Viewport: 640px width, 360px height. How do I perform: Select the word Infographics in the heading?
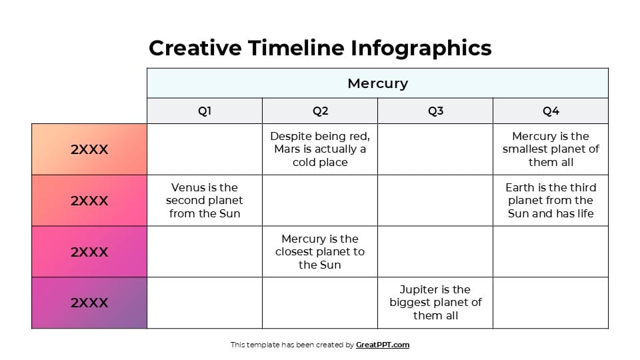[x=421, y=48]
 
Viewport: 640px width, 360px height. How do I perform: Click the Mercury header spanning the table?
[x=377, y=83]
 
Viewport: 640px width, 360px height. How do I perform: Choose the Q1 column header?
[x=205, y=111]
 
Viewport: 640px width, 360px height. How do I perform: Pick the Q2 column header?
[x=320, y=111]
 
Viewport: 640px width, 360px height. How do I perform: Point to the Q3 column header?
[x=435, y=111]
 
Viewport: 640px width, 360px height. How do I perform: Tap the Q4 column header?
[x=551, y=111]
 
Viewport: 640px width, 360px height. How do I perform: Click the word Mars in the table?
[x=287, y=149]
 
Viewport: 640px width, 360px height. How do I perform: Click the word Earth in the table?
[x=519, y=187]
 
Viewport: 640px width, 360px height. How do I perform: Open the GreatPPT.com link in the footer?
[x=383, y=345]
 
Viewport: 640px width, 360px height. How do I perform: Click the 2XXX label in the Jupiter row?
[x=89, y=303]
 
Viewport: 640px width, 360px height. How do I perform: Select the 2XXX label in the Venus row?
[x=89, y=201]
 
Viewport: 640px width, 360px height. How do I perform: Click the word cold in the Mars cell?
[x=304, y=162]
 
